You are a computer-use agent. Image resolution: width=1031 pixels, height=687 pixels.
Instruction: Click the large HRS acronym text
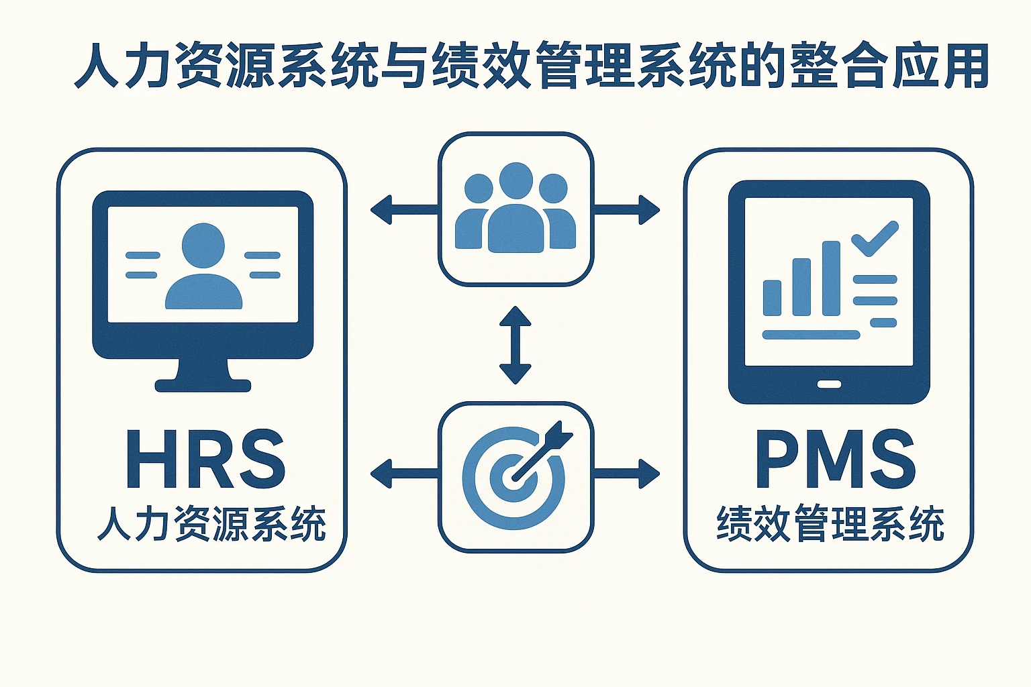(205, 460)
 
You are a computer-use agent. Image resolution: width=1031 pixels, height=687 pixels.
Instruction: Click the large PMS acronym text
(835, 460)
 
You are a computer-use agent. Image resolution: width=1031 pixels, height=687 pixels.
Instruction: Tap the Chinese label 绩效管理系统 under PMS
(830, 525)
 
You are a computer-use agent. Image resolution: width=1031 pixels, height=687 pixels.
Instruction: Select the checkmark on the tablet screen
(875, 239)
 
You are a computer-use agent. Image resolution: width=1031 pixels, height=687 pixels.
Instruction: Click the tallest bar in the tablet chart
(831, 278)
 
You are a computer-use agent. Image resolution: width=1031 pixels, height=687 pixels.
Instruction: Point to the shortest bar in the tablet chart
(772, 297)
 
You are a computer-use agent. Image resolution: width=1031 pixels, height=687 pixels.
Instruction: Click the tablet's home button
(829, 384)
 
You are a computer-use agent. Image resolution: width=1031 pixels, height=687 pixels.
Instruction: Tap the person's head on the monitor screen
(203, 246)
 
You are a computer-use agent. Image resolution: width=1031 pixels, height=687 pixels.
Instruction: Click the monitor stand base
(203, 385)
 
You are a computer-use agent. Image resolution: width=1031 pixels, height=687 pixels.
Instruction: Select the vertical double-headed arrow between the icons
(515, 345)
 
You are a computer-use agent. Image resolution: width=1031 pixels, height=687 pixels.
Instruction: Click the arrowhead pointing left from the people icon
(381, 209)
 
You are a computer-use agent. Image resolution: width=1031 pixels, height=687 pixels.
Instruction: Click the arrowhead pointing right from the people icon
(649, 209)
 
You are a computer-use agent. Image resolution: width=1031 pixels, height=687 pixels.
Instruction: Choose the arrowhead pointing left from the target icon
(381, 474)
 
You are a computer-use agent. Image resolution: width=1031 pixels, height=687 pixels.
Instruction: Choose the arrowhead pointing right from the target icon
(649, 474)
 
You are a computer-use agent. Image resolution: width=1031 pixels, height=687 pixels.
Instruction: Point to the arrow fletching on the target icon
(558, 434)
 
